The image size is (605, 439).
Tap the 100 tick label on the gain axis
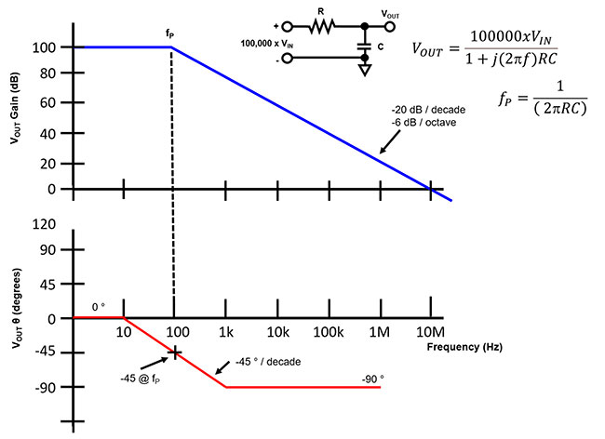[x=46, y=47]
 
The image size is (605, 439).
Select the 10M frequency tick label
[x=430, y=332]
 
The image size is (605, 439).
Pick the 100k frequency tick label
[x=327, y=332]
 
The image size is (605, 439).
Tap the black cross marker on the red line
[x=173, y=353]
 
